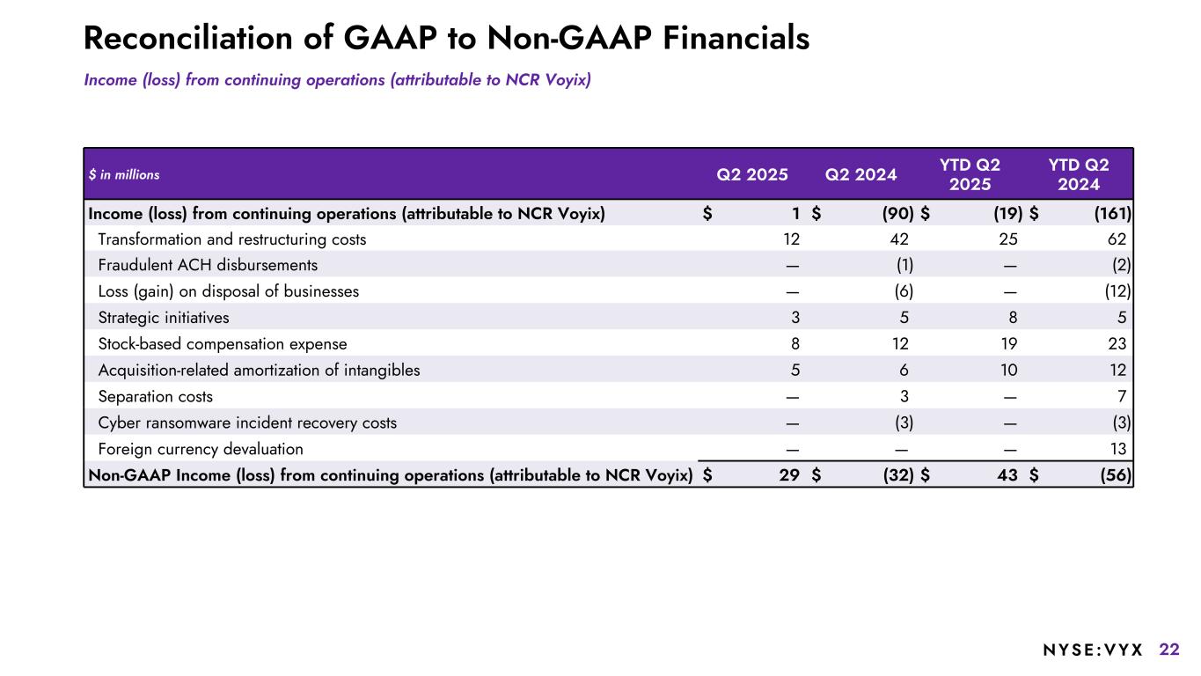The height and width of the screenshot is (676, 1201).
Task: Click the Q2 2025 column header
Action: click(752, 174)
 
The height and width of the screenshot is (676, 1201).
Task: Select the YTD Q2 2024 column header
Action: click(1079, 174)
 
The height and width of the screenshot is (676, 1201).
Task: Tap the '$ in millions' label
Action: click(124, 175)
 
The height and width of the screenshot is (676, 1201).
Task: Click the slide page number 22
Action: click(1169, 650)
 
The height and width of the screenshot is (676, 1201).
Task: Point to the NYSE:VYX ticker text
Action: click(1093, 650)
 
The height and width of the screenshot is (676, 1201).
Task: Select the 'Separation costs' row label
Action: click(155, 397)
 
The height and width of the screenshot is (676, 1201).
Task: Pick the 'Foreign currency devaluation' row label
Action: click(201, 449)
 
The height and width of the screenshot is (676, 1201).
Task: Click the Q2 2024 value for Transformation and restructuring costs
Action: click(898, 239)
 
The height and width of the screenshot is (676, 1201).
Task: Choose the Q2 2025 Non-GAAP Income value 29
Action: click(788, 475)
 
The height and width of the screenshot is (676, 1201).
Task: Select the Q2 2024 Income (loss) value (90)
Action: click(897, 213)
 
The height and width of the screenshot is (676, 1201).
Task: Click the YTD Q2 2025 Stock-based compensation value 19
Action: click(1007, 344)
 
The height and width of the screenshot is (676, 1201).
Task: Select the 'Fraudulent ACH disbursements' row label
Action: click(208, 265)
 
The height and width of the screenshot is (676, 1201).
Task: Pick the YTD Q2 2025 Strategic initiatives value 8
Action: click(1012, 318)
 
